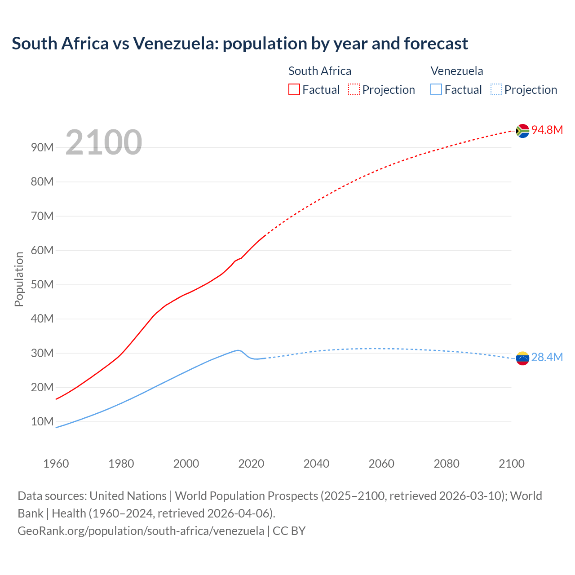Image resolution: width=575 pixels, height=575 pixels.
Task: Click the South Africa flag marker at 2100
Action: (522, 131)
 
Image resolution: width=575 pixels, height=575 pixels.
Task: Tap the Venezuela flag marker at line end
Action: (522, 358)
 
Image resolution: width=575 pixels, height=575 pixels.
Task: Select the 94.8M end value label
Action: (547, 130)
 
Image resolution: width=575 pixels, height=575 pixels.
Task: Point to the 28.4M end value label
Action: (547, 357)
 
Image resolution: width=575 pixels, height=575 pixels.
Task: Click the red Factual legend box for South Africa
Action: (294, 89)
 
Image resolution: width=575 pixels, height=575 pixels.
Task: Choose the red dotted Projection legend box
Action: (354, 89)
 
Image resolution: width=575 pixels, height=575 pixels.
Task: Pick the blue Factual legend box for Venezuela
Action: (436, 89)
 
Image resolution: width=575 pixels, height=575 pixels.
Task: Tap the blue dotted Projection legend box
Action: (496, 89)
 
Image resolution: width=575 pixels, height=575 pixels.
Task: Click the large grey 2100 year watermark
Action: (104, 142)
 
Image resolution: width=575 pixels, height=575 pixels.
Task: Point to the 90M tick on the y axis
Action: (42, 147)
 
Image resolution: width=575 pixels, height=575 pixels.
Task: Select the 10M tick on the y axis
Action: (42, 421)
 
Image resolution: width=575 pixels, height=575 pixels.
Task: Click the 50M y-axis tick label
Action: (42, 284)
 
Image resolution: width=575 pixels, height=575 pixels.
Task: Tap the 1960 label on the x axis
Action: (56, 464)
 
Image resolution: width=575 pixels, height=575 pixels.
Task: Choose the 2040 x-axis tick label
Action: (316, 464)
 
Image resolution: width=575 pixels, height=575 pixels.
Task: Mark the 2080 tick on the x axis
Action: (447, 464)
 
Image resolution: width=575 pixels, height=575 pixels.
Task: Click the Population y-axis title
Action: (19, 279)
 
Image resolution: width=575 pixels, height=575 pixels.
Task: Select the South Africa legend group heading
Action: (319, 71)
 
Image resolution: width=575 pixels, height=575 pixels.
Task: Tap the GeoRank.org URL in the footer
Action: (141, 531)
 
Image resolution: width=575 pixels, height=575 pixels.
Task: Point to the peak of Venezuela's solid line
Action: (238, 350)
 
